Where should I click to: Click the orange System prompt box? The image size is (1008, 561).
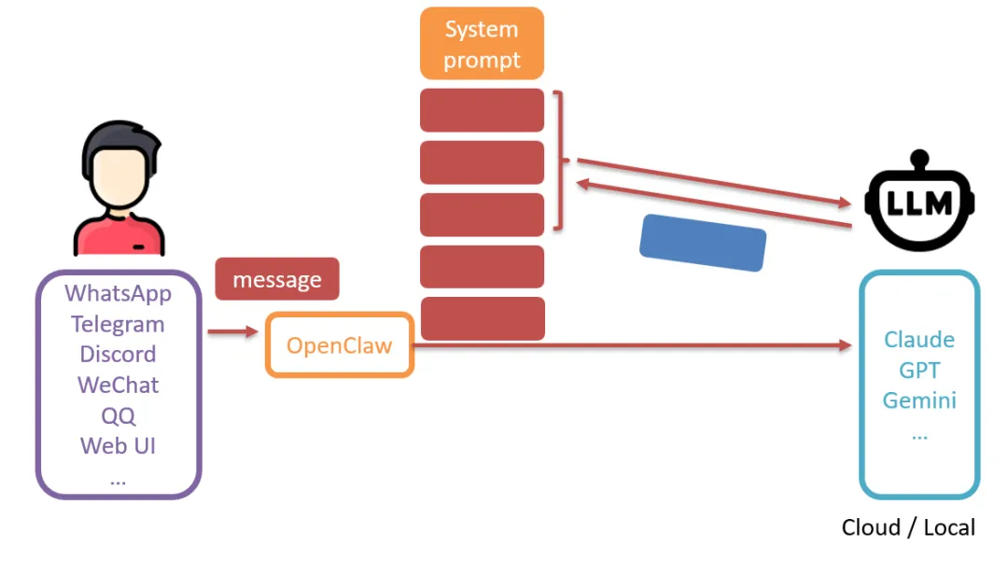click(x=483, y=44)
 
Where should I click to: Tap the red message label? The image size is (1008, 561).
click(x=277, y=279)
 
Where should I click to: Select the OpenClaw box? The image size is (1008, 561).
click(x=340, y=345)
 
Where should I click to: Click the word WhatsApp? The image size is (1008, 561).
click(x=119, y=294)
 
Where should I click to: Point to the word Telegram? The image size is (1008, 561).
click(x=118, y=324)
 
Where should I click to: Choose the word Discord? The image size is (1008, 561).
click(x=118, y=354)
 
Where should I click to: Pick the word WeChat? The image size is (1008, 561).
click(x=118, y=385)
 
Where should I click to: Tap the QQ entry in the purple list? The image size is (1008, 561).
click(x=119, y=415)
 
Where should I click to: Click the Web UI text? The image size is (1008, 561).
click(x=118, y=446)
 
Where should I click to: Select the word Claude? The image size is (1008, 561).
click(x=919, y=339)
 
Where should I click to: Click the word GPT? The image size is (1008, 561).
click(x=919, y=371)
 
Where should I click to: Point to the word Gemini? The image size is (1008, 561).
click(x=919, y=400)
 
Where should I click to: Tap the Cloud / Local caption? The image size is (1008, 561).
click(x=908, y=527)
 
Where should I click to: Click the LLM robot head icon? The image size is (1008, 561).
click(x=920, y=201)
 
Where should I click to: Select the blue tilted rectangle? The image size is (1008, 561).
click(x=703, y=243)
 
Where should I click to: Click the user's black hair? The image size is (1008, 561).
click(x=120, y=145)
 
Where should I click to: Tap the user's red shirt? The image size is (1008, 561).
click(x=119, y=236)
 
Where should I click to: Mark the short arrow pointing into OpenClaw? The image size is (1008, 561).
click(x=232, y=331)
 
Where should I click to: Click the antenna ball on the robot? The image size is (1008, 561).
click(x=920, y=158)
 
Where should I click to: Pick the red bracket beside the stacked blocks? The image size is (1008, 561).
click(x=559, y=160)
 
